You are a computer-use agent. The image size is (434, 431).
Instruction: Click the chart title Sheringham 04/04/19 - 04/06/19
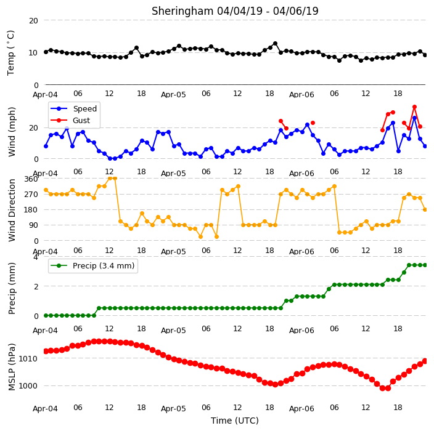[x=235, y=11]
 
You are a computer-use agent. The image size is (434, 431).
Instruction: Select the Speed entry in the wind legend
[x=73, y=108]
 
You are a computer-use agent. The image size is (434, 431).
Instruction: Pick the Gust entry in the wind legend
[x=70, y=121]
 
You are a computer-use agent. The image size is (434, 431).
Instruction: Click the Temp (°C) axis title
[x=11, y=53]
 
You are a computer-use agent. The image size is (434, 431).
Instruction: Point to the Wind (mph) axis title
[x=12, y=132]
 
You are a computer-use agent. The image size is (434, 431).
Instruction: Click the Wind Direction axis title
[x=12, y=211]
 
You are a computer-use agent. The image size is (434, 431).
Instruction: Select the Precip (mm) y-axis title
[x=12, y=288]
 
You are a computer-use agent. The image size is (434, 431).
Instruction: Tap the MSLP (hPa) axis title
[x=12, y=367]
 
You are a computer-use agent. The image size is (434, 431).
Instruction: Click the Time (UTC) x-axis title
[x=235, y=421]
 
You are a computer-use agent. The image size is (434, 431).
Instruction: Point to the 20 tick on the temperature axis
[x=33, y=21]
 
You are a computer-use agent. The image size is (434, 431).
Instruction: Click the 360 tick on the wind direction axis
[x=31, y=179]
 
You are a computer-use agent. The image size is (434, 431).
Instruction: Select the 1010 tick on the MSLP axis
[x=28, y=359]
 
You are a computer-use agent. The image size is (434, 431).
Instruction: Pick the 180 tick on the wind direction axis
[x=31, y=210]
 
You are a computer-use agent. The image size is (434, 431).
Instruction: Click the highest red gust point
[x=414, y=107]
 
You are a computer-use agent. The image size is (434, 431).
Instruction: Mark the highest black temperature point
[x=275, y=44]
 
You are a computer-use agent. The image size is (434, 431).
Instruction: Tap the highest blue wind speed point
[x=414, y=118]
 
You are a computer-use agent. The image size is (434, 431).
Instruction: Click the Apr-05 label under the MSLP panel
[x=173, y=409]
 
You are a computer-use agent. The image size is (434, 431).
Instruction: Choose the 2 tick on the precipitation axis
[x=36, y=287]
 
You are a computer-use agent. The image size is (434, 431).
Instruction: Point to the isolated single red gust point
[x=313, y=123]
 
